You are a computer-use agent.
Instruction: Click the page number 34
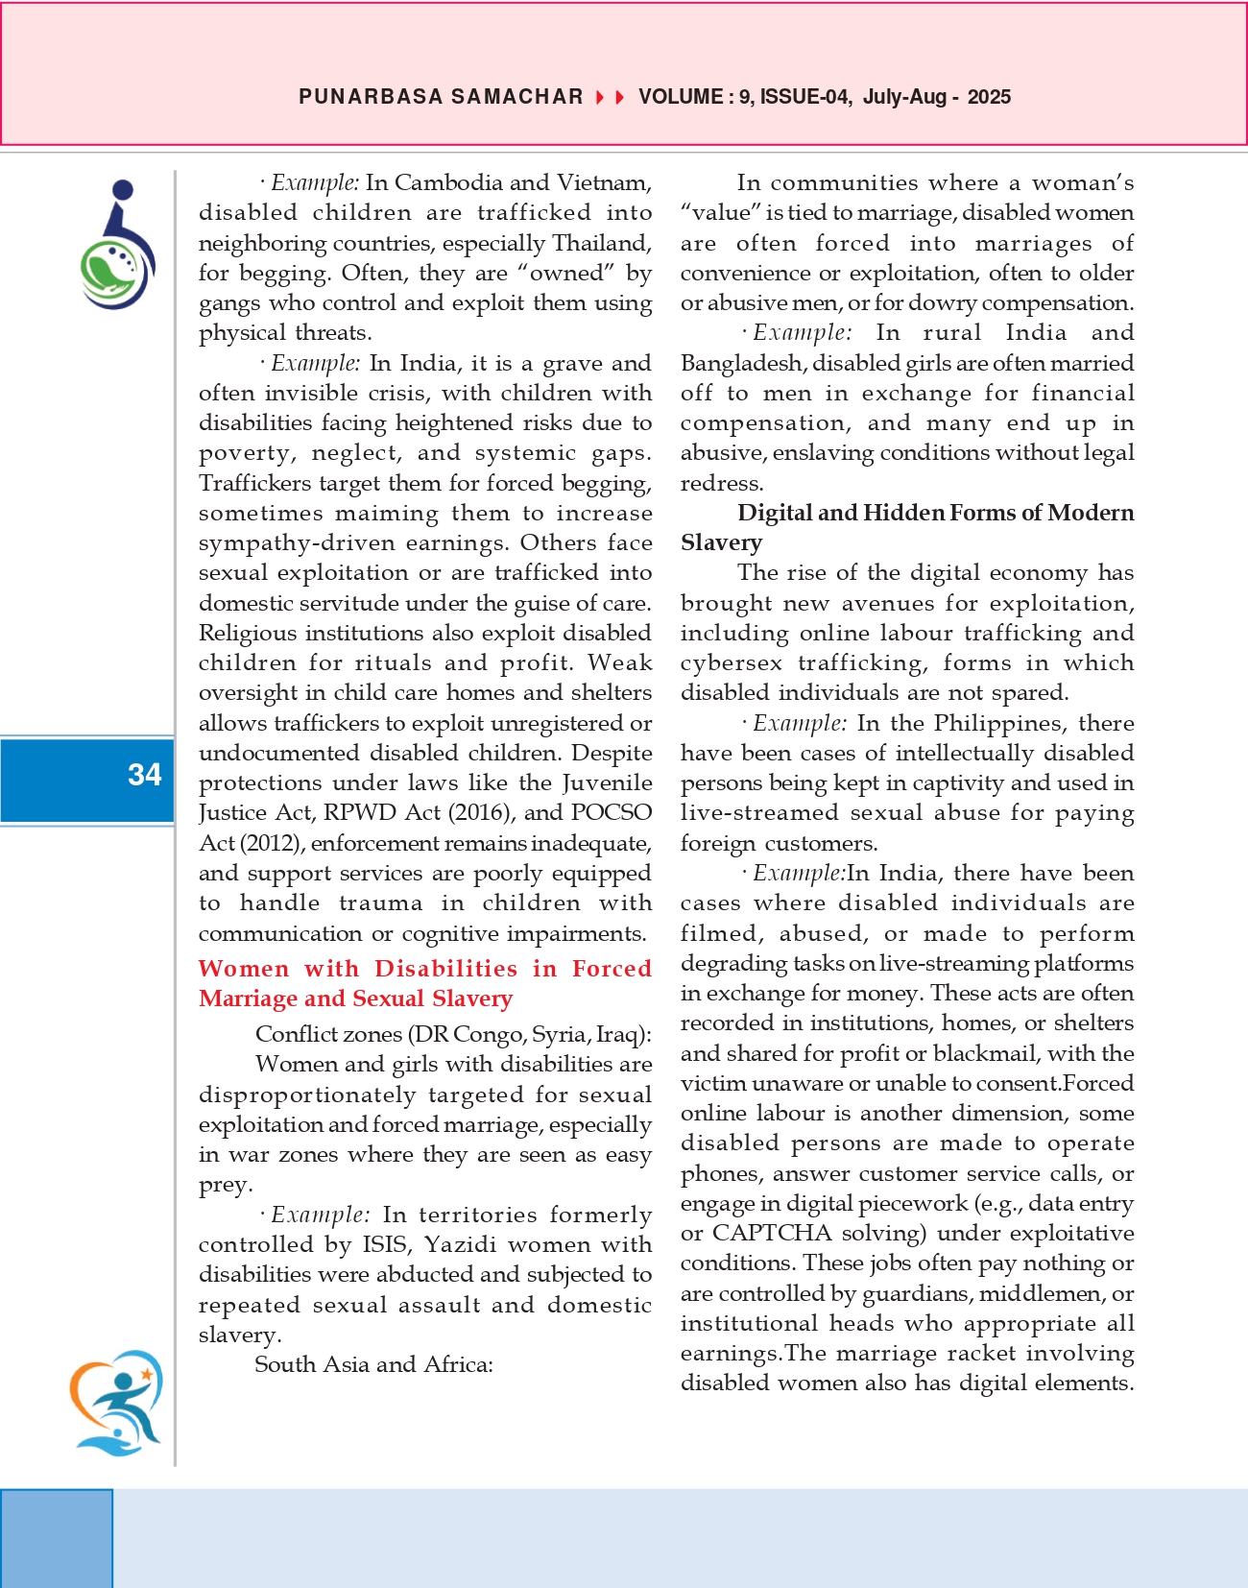click(145, 775)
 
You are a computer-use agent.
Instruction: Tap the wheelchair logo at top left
click(116, 245)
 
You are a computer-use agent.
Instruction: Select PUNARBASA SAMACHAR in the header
click(441, 97)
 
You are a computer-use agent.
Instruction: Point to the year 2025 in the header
click(989, 97)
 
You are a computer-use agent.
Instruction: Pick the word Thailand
click(601, 243)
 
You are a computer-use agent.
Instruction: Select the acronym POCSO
click(612, 812)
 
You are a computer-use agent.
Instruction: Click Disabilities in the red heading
click(446, 968)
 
